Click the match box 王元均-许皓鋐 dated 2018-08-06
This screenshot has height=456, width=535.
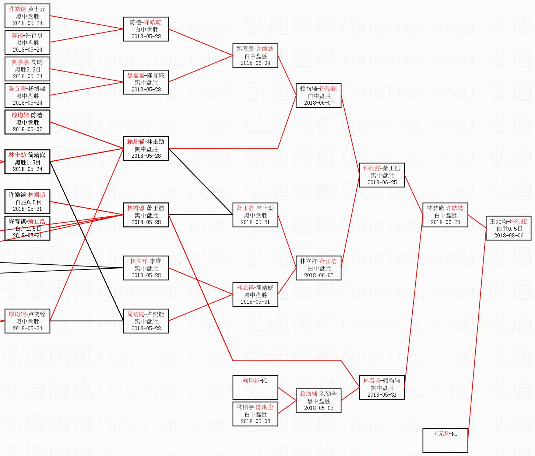[508, 228]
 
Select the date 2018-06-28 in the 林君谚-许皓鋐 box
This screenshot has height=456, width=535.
[445, 222]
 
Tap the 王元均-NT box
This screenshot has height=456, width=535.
[445, 440]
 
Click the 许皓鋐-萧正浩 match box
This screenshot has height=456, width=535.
[382, 175]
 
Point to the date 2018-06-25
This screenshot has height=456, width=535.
[382, 182]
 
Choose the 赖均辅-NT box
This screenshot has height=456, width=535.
[255, 387]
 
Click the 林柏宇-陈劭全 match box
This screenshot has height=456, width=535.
[255, 414]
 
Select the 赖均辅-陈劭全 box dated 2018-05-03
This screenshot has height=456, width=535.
[318, 401]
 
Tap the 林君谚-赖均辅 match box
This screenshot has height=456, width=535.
[382, 387]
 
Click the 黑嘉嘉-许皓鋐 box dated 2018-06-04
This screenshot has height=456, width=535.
[255, 56]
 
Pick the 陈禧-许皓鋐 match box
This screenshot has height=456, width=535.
[146, 29]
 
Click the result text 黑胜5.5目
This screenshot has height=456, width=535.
[28, 69]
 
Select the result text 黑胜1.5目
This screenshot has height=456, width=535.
[28, 162]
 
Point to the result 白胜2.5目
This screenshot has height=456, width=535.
[28, 229]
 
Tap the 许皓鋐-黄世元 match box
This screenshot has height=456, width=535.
[28, 16]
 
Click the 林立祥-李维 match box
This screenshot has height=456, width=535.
[146, 268]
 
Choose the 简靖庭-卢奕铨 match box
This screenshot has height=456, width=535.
[146, 321]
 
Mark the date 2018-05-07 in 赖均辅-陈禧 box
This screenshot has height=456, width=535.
[28, 129]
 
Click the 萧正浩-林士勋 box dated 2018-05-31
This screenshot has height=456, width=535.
[255, 215]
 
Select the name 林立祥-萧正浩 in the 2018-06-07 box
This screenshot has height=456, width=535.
[318, 261]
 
